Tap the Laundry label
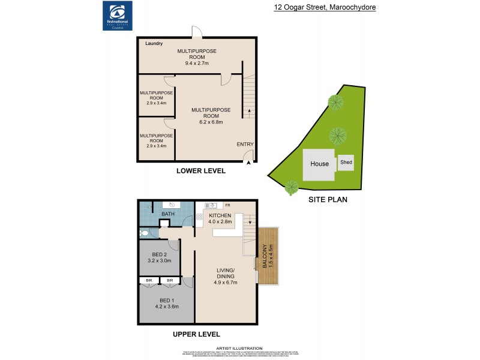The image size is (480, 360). click(x=154, y=44)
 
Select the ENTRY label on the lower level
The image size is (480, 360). click(x=245, y=144)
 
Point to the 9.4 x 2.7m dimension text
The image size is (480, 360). click(x=197, y=62)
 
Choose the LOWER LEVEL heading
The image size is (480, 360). click(x=200, y=171)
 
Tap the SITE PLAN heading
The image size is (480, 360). click(x=328, y=200)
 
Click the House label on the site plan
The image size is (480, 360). click(x=319, y=164)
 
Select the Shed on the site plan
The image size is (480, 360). click(x=346, y=162)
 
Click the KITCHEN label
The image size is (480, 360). click(x=220, y=215)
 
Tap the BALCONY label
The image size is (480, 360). click(x=264, y=256)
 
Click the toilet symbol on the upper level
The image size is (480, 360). click(x=144, y=233)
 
